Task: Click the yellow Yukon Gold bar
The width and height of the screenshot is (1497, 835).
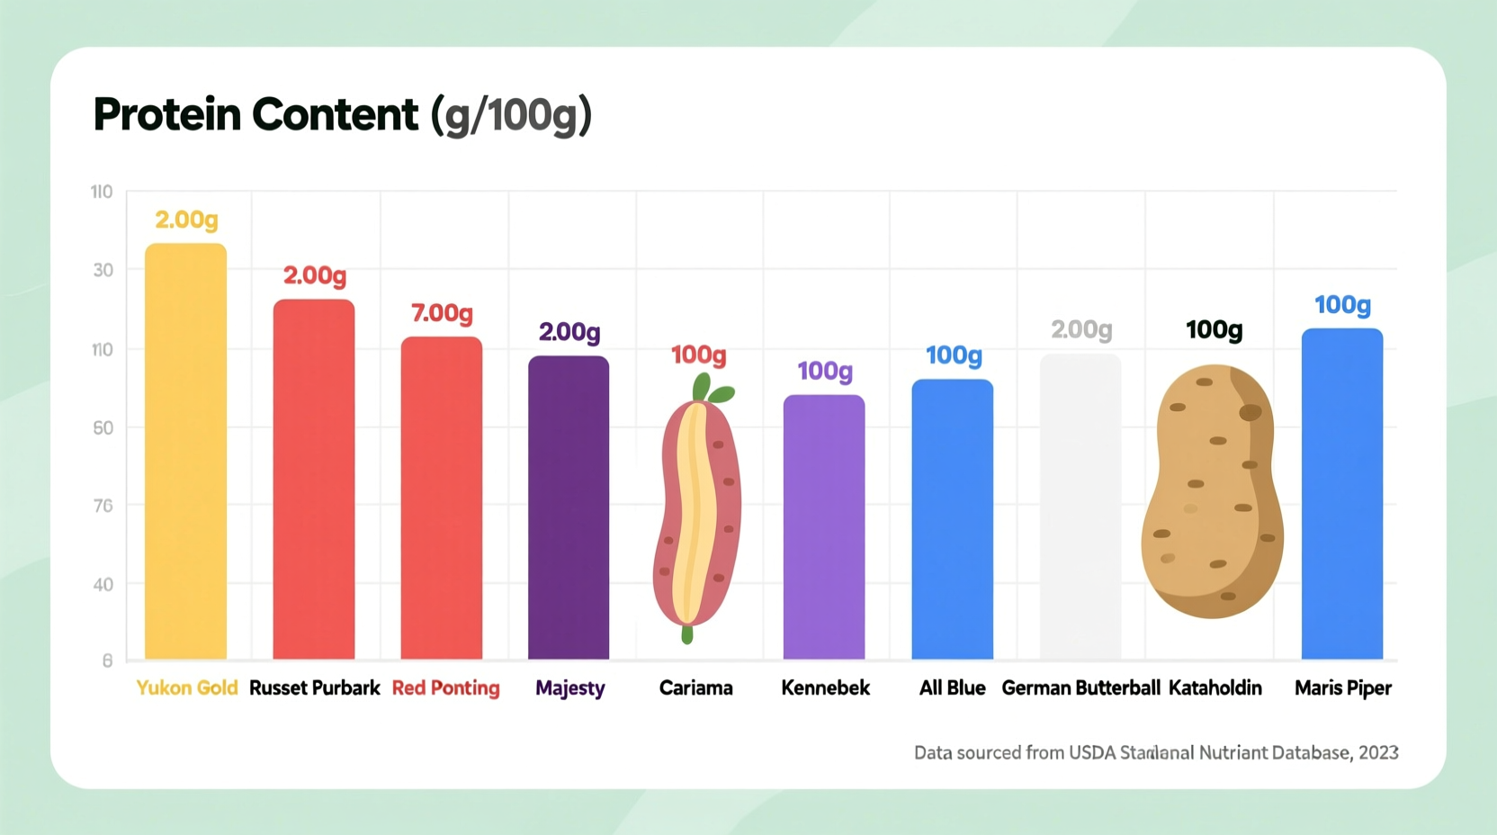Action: click(185, 450)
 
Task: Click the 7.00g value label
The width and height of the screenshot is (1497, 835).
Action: click(442, 313)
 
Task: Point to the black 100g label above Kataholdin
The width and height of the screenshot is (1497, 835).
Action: click(1214, 329)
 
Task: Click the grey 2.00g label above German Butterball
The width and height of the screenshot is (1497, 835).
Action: click(1081, 329)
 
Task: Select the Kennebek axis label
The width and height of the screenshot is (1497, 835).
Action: click(825, 688)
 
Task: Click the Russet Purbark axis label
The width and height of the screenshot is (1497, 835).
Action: click(314, 688)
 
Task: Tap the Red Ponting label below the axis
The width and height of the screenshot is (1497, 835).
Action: click(445, 688)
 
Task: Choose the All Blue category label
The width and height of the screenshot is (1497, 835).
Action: click(952, 688)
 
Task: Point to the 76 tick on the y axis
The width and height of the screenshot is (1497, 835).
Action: click(103, 506)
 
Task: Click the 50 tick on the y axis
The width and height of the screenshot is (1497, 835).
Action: click(103, 427)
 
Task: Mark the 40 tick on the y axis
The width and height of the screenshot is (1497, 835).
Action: click(103, 584)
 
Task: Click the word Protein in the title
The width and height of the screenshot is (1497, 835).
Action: click(167, 115)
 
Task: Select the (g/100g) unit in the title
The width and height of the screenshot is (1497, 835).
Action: click(511, 115)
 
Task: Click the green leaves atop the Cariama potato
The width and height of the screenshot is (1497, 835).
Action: click(712, 390)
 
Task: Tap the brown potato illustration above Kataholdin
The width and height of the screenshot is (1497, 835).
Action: click(1212, 490)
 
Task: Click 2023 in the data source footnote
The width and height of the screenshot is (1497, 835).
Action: click(1378, 752)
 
